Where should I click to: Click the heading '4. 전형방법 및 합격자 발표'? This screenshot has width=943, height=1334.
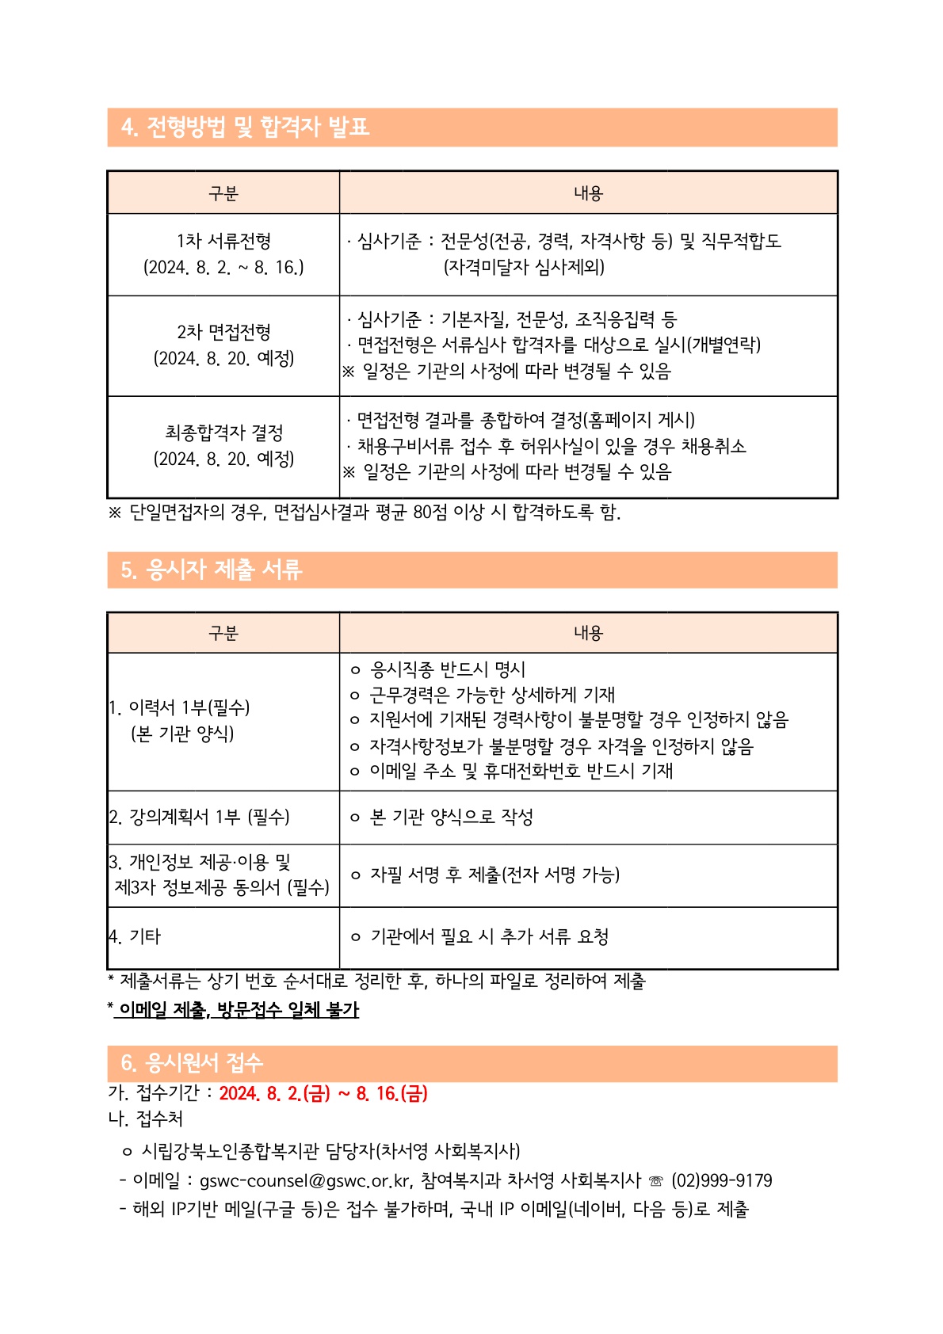246,127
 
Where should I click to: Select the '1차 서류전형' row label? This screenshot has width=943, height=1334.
223,241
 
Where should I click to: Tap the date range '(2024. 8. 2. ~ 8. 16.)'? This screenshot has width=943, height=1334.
223,268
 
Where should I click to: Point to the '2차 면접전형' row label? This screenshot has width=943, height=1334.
223,332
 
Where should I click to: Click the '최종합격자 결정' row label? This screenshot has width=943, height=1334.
223,433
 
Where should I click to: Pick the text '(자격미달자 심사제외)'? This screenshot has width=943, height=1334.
524,267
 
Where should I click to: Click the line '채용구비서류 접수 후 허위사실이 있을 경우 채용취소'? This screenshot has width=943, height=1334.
551,446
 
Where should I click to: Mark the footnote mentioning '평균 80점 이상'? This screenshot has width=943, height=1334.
365,513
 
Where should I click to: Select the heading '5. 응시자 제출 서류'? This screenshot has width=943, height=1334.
212,570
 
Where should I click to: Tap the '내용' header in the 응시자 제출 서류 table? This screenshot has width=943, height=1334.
588,633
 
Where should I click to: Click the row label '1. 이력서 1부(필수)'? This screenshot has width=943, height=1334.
180,707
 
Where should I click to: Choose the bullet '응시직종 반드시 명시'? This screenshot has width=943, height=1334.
448,669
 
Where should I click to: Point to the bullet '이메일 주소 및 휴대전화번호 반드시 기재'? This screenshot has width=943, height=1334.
521,771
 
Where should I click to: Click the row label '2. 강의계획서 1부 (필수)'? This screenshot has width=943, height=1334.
200,817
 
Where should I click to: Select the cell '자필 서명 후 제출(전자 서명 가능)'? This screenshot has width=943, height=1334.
494,875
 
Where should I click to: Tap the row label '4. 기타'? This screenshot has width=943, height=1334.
136,937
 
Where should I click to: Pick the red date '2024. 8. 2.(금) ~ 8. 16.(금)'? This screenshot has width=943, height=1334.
323,1094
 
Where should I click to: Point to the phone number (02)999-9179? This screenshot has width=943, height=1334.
721,1181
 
